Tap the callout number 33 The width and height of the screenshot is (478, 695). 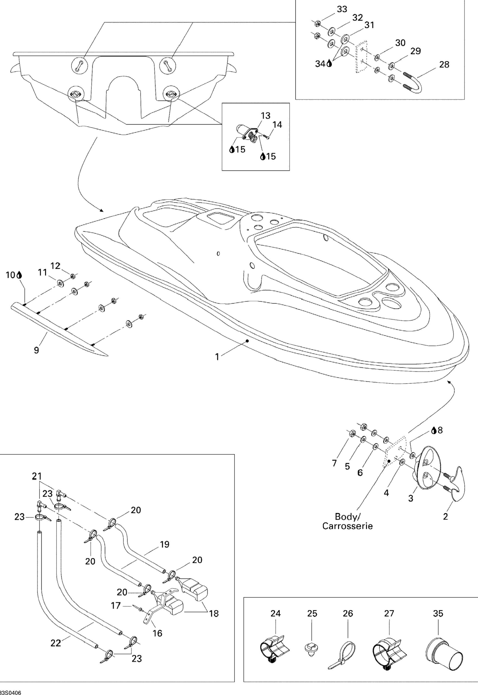click(x=342, y=9)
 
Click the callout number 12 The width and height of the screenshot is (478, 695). click(x=55, y=266)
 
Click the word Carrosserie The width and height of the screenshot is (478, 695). click(x=347, y=526)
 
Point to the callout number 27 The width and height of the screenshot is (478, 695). click(x=389, y=614)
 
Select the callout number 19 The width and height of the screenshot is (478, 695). click(x=164, y=544)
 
